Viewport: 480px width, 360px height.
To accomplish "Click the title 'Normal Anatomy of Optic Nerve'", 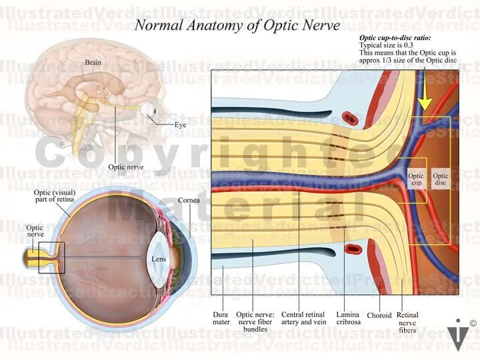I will coord(237,25).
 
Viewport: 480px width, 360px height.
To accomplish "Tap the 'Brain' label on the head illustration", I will coord(93,63).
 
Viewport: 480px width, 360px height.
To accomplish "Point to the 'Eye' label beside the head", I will coord(181,125).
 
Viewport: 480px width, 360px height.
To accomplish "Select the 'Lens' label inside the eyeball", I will coord(159,259).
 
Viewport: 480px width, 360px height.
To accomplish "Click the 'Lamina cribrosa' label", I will coord(349,318).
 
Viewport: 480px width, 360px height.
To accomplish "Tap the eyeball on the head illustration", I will coord(147,109).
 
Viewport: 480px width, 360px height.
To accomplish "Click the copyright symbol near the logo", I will coord(473,324).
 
